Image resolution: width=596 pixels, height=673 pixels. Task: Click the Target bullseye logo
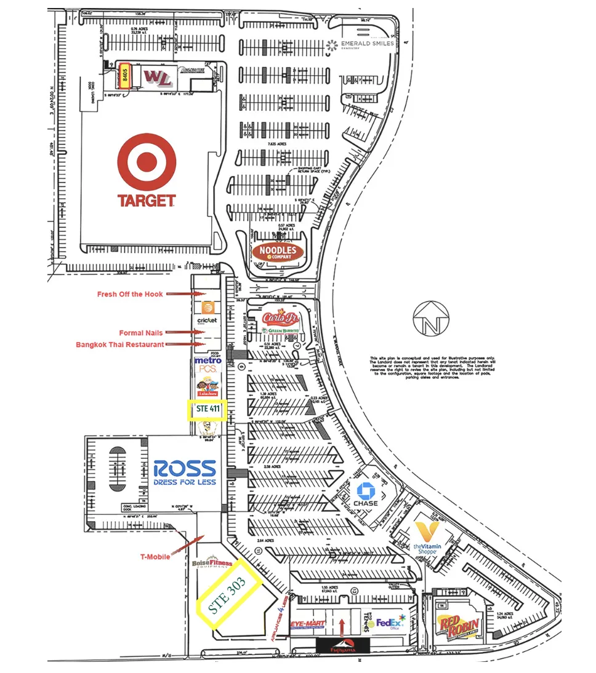pyautogui.click(x=147, y=162)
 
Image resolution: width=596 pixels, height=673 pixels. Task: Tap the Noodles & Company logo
pyautogui.click(x=278, y=251)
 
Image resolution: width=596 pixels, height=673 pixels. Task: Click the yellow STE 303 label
pyautogui.click(x=228, y=593)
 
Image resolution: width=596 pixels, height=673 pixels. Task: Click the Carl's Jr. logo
pyautogui.click(x=281, y=318)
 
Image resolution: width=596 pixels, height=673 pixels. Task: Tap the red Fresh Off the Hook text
pyautogui.click(x=130, y=294)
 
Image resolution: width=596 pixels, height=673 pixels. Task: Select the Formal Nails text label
pyautogui.click(x=141, y=333)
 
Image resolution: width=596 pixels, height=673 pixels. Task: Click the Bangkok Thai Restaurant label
pyautogui.click(x=120, y=344)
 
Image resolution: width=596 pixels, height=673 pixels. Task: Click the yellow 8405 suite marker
pyautogui.click(x=124, y=76)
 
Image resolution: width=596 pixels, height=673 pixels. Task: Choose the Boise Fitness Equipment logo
pyautogui.click(x=212, y=563)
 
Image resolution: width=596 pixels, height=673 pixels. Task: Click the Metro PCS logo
pyautogui.click(x=207, y=364)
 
